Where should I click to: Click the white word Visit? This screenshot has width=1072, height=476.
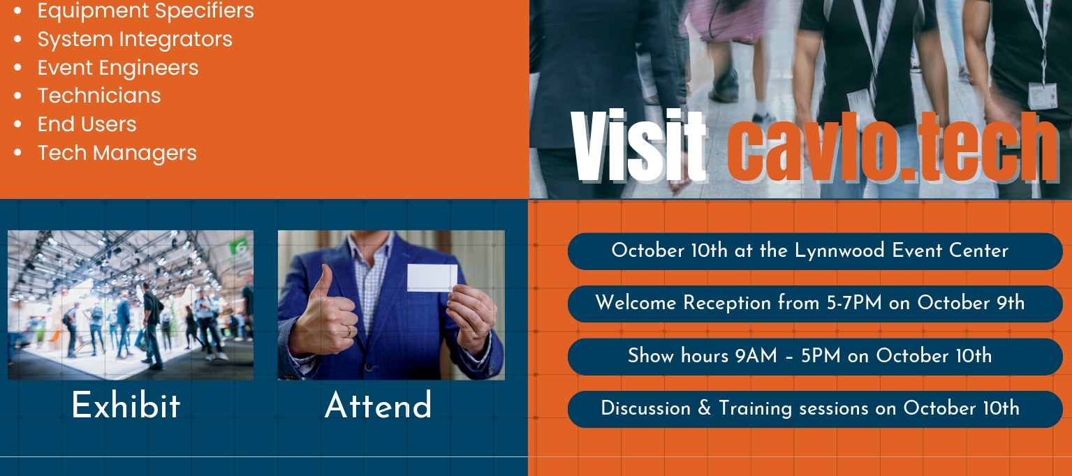639,146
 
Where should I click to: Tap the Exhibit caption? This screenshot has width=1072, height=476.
126,406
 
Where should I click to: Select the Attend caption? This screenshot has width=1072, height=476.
378,406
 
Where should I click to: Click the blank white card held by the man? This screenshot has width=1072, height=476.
432,278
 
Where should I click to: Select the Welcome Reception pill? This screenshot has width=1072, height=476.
815,304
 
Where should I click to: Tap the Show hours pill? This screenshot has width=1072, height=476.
815,357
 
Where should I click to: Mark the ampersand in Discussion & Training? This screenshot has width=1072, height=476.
705,408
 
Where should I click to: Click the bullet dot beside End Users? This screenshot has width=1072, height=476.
18,124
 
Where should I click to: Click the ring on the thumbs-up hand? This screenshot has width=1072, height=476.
349,331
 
